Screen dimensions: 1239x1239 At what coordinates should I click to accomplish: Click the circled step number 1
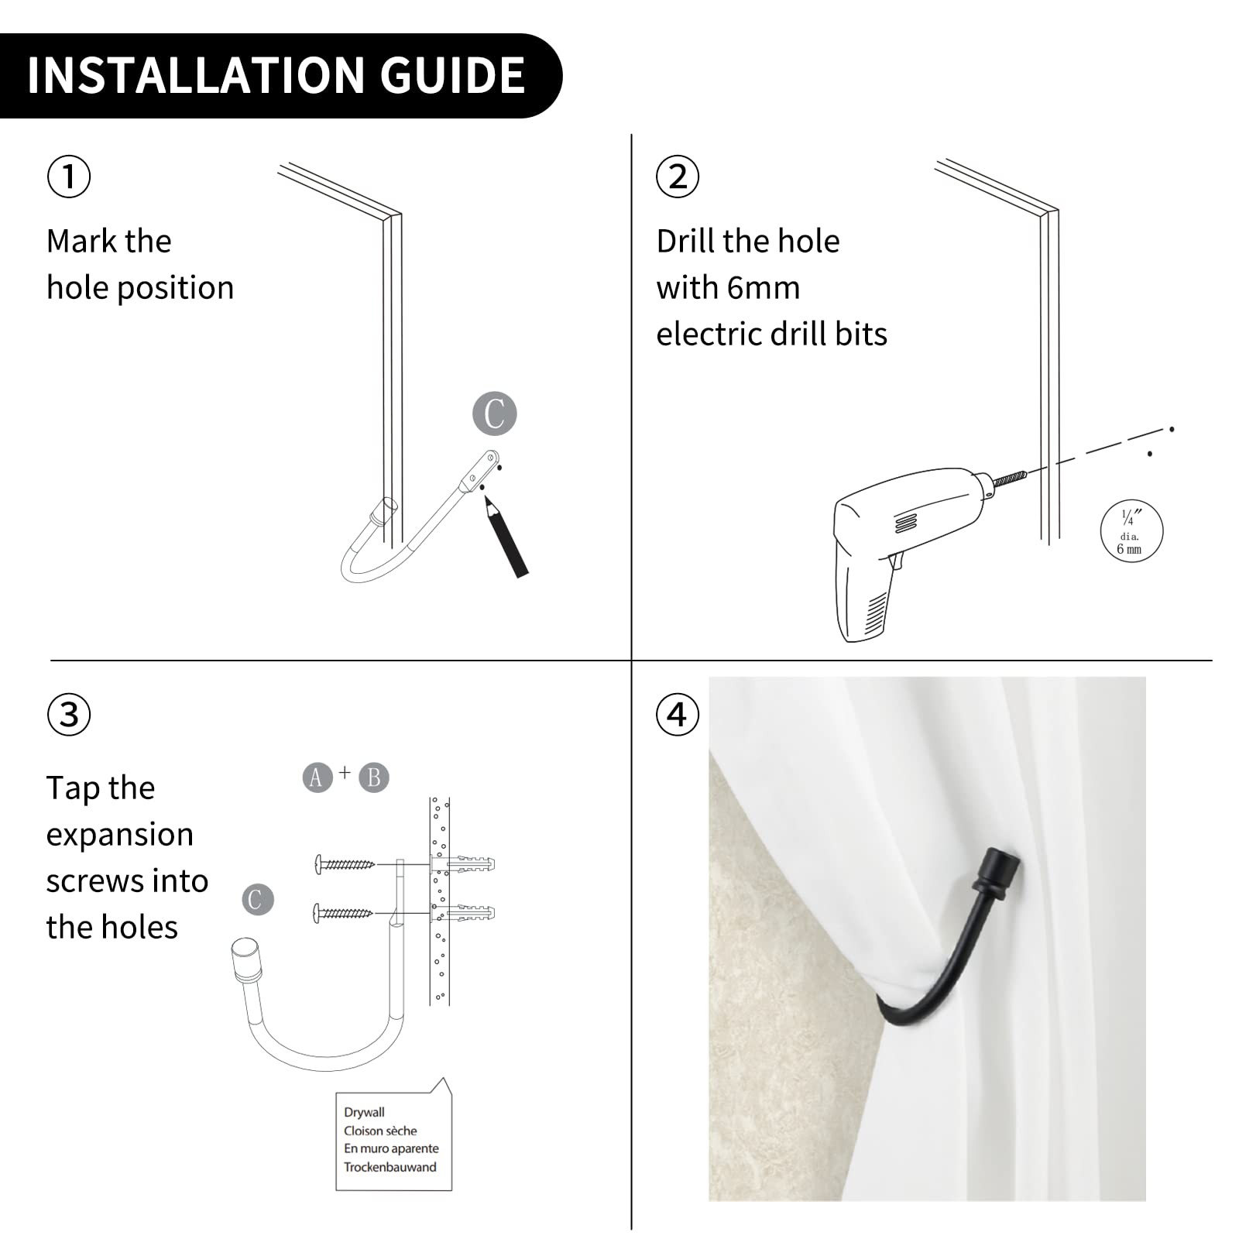tap(69, 176)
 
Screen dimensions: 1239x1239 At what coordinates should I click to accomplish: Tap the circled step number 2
tap(678, 176)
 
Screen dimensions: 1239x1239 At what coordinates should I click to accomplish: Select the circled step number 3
tap(69, 714)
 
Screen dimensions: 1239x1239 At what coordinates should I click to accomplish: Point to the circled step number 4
tap(678, 714)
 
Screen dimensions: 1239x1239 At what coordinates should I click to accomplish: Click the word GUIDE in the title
tap(452, 75)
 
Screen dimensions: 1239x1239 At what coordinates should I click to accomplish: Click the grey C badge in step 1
tap(495, 414)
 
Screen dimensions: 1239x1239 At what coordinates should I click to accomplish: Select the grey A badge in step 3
tap(317, 777)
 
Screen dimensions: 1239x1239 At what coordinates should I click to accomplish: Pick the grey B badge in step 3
tap(374, 777)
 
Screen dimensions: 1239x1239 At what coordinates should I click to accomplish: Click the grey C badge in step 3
tap(258, 899)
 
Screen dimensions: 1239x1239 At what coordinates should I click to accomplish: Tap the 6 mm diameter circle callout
tap(1131, 530)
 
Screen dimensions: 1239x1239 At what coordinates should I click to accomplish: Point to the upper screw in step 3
tap(345, 864)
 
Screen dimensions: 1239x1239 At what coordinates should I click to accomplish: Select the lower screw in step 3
tap(344, 913)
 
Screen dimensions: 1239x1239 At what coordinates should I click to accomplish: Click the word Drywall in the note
tap(364, 1112)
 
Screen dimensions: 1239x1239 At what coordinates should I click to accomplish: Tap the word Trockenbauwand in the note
tap(390, 1167)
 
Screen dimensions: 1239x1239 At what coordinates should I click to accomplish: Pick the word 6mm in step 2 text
tap(764, 288)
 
